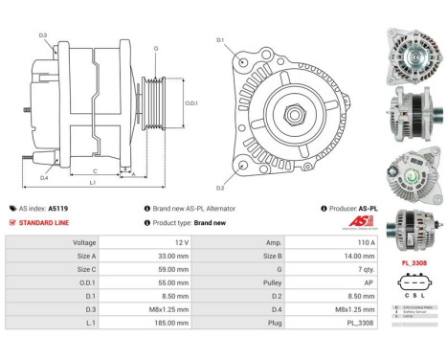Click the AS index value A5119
(59, 208)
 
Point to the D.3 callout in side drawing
(43, 35)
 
